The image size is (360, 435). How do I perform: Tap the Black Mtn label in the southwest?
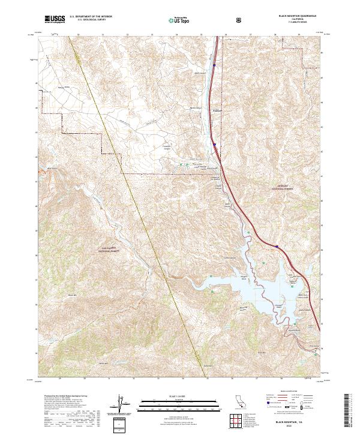pos(73,295)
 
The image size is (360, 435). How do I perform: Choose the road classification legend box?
pos(292,401)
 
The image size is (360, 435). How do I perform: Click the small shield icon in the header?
pos(239,20)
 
